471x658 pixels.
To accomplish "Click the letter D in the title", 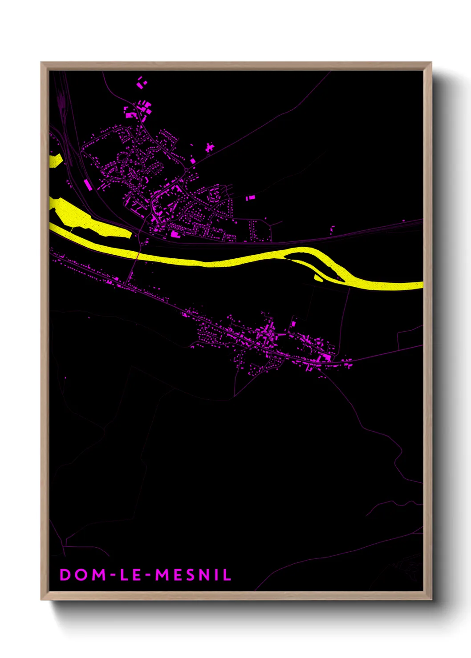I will [x=65, y=575].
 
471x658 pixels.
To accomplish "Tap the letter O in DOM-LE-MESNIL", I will [x=81, y=575].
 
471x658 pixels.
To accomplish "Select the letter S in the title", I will [x=192, y=575].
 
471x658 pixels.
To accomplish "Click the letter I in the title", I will [x=218, y=575].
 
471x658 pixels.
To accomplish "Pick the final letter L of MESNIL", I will [x=227, y=575].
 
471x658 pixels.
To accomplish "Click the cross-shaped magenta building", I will [x=209, y=147].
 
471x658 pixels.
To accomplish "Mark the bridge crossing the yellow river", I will [x=138, y=256].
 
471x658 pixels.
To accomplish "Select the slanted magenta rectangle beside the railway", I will [x=87, y=185].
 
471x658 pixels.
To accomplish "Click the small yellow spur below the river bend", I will [x=318, y=278].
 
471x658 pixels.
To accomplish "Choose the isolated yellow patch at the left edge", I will [x=55, y=160].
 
